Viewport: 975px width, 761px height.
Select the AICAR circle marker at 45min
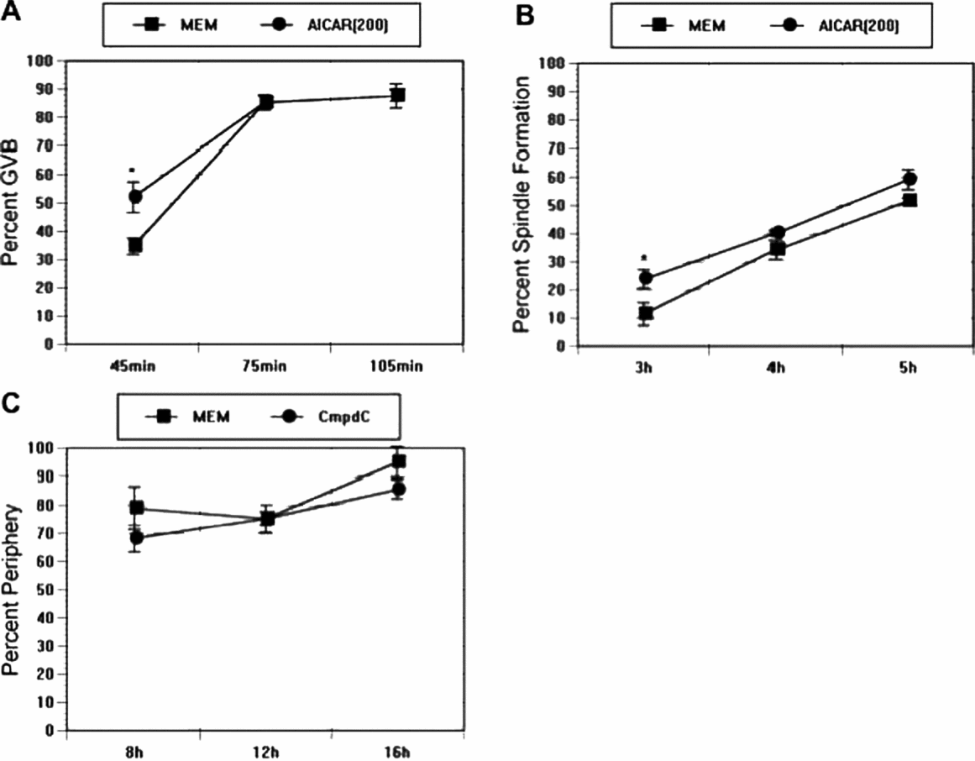(134, 197)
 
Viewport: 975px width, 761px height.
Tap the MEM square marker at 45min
(134, 245)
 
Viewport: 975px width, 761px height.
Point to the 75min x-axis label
(265, 365)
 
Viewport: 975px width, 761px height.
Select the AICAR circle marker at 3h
(646, 278)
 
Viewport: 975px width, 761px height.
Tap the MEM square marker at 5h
(909, 200)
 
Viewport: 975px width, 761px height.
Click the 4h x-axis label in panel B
(777, 368)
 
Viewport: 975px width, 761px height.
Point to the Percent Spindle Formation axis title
(523, 203)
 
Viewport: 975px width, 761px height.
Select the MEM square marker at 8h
(135, 507)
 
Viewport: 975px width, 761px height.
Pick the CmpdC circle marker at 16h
(399, 489)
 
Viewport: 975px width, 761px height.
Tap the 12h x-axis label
(266, 751)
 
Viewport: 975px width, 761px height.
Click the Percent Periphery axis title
(12, 590)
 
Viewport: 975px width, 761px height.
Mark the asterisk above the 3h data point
(644, 258)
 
